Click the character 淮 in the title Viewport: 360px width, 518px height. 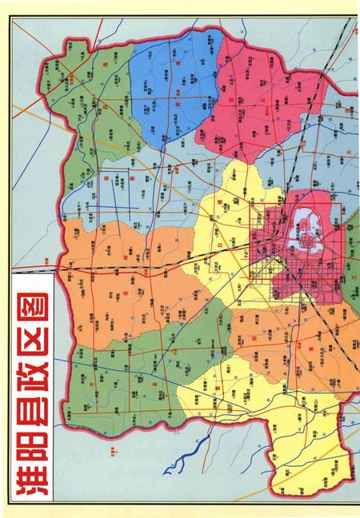30,472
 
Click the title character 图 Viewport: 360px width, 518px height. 30,297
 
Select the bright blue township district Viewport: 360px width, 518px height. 172,88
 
